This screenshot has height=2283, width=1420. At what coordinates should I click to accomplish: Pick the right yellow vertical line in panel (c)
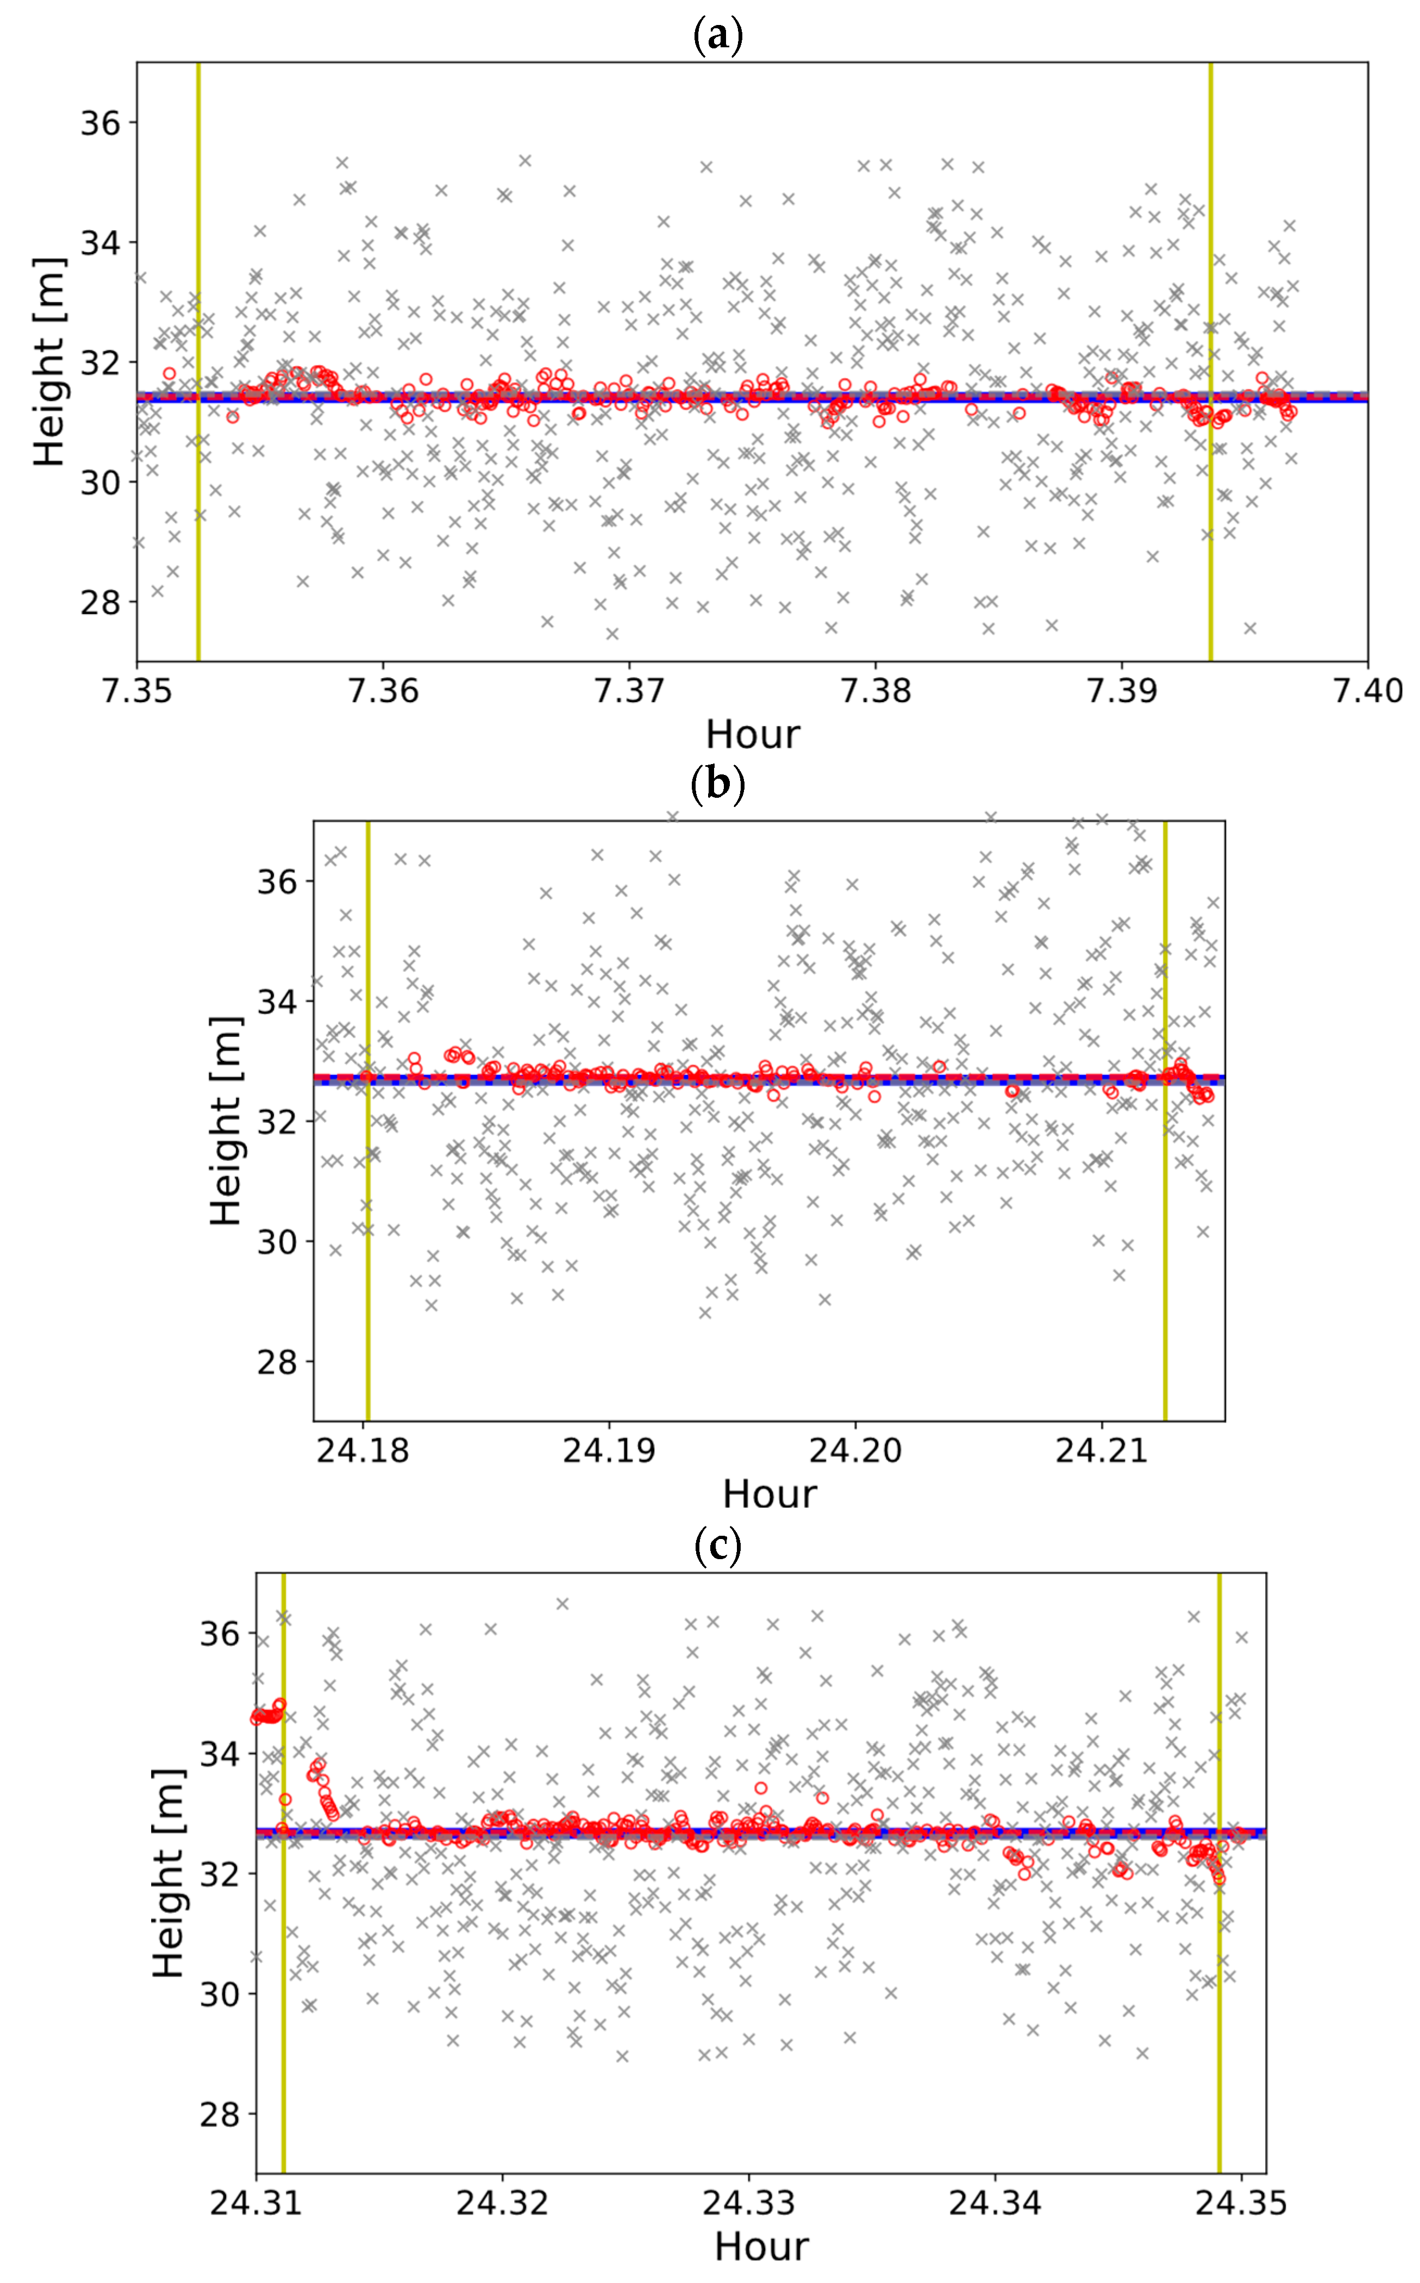1219,1972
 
